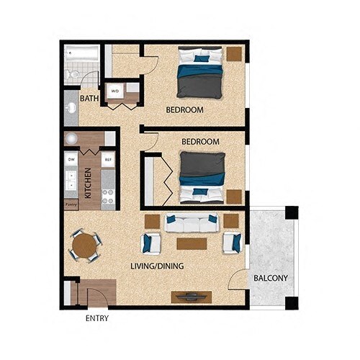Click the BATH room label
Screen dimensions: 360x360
click(89, 98)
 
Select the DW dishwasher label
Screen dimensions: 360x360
click(71, 159)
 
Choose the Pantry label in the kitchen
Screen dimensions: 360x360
click(71, 204)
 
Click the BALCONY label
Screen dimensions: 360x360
click(271, 279)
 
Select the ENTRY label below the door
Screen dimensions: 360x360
click(96, 318)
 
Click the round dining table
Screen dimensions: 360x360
click(85, 245)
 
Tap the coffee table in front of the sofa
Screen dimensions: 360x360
click(192, 243)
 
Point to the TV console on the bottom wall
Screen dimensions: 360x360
click(192, 297)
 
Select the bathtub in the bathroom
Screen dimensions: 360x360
click(81, 53)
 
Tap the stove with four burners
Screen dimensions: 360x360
click(108, 197)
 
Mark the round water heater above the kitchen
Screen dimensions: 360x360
click(72, 139)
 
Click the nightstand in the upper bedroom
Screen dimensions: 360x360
click(235, 54)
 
